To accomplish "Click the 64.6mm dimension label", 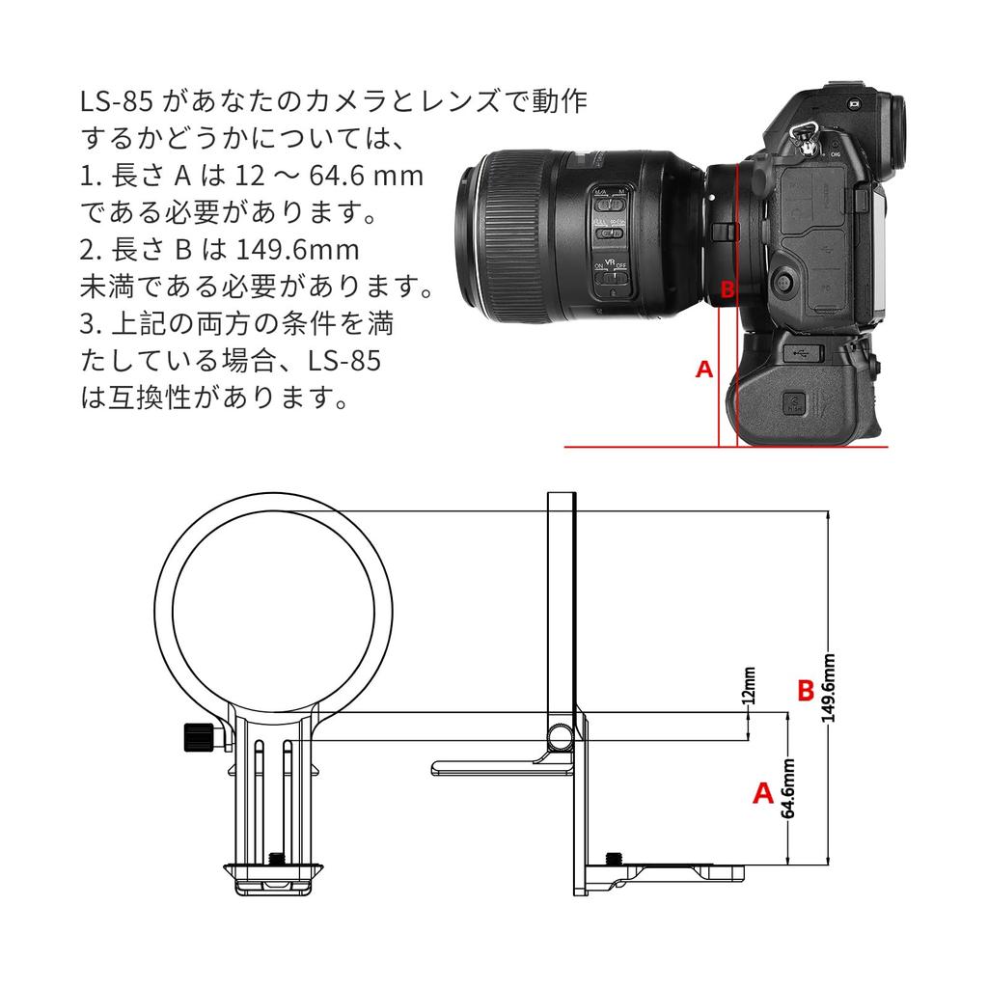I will (788, 788).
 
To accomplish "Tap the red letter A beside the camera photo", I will (705, 369).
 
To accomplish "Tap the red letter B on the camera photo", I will (729, 288).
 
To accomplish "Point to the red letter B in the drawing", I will (806, 691).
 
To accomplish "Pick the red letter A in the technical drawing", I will (762, 793).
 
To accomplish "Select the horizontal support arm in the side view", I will (497, 767).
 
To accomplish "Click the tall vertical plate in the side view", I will (562, 598).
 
